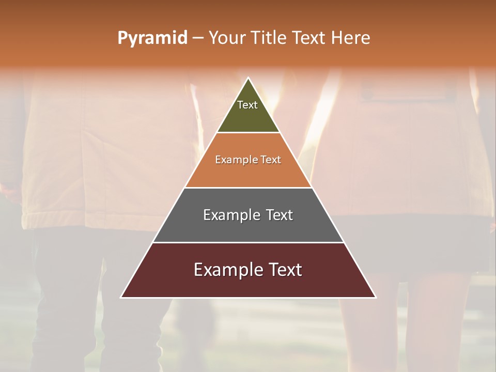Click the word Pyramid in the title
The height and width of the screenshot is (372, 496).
tap(152, 38)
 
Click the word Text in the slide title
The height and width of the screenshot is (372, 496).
tap(309, 38)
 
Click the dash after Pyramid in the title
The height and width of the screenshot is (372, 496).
tap(198, 38)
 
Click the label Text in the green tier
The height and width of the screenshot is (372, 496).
tap(247, 105)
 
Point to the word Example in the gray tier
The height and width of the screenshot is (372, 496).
tap(231, 215)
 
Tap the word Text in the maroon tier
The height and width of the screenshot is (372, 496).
tap(285, 270)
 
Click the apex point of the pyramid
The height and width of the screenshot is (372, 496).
tap(249, 78)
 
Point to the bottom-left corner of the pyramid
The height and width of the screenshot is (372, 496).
tap(121, 297)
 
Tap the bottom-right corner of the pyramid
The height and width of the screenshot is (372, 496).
tap(376, 297)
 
